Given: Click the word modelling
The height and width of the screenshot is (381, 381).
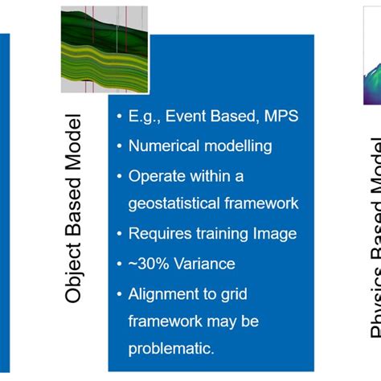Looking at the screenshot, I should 236,147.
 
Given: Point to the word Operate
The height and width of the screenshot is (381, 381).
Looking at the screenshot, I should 157,176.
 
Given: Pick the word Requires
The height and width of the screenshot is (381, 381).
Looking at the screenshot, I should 161,235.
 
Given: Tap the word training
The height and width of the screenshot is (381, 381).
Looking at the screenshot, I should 223,235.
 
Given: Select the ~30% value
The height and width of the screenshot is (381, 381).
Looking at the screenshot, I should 147,264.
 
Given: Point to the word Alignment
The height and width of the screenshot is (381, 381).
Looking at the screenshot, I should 166,293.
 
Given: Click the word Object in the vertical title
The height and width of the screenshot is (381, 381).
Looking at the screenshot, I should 74,272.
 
